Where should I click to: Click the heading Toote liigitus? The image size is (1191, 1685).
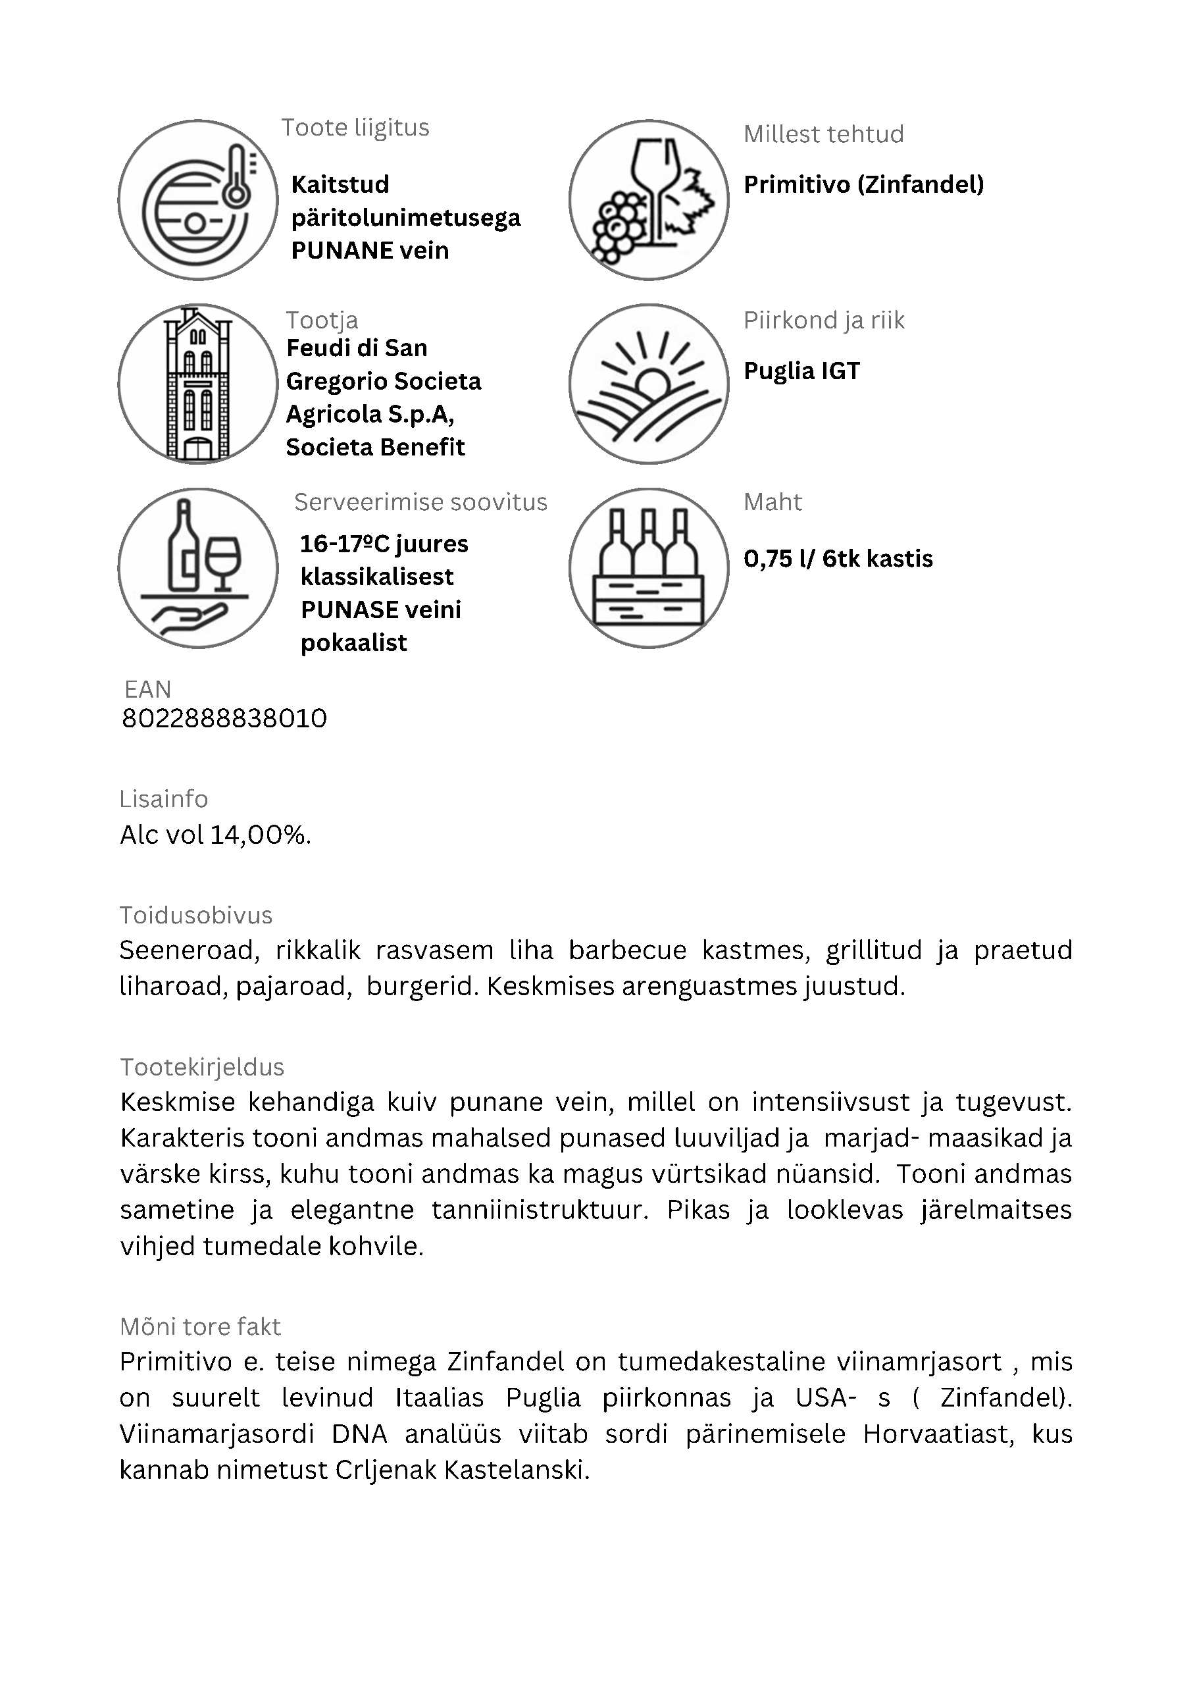[355, 128]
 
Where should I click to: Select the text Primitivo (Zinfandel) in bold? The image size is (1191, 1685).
[864, 184]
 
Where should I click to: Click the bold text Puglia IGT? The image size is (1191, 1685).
[801, 371]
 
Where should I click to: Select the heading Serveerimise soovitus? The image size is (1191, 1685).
[420, 502]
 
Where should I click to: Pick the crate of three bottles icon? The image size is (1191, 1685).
[649, 567]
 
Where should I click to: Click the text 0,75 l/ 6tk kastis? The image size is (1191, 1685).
[838, 559]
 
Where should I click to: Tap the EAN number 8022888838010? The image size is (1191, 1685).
[224, 719]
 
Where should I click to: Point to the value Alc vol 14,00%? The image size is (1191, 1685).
[216, 835]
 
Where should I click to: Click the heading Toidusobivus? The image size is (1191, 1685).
[196, 915]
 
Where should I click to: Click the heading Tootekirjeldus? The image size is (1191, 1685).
[202, 1067]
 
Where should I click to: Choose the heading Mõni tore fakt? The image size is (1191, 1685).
[199, 1327]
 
